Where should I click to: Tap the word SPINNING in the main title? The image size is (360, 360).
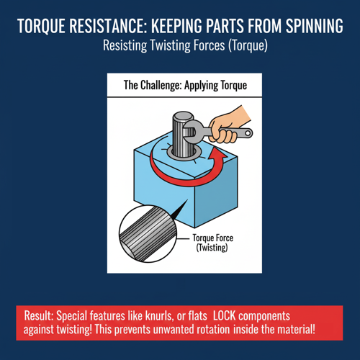(x=315, y=26)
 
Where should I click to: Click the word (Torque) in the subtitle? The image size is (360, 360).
(x=248, y=45)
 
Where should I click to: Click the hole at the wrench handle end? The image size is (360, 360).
(x=248, y=132)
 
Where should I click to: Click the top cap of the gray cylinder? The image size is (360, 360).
(x=184, y=116)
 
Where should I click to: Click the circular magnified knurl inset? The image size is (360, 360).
(x=148, y=234)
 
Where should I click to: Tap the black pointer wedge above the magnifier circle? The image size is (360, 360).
(x=179, y=210)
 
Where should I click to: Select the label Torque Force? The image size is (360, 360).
(x=213, y=238)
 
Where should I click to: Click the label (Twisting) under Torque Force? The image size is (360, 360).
(x=212, y=248)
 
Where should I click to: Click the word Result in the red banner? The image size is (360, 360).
(x=39, y=316)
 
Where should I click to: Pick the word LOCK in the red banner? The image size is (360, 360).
(x=225, y=316)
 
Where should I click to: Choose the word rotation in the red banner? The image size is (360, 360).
(x=213, y=330)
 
